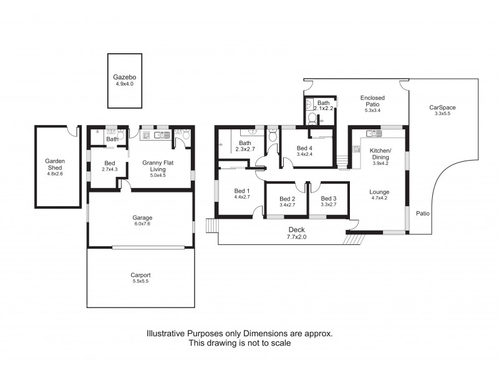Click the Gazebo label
point(125,77)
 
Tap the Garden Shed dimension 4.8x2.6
point(55,174)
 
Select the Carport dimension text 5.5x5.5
point(140,281)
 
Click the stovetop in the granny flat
point(146,134)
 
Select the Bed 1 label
point(241,191)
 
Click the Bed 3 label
point(328,197)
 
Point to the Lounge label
point(379,192)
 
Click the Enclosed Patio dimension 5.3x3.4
point(372,111)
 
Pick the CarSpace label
point(440,107)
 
